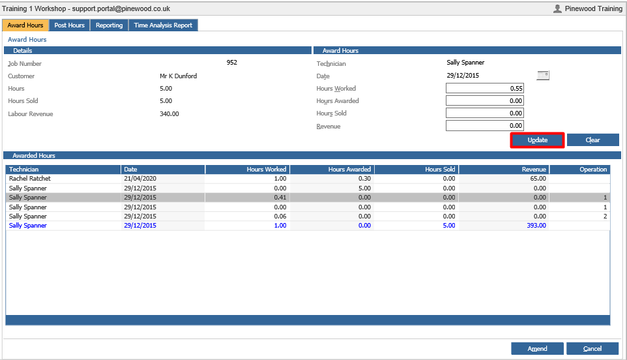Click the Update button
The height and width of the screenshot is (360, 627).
coord(537,140)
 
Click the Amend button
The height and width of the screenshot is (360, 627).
coord(537,348)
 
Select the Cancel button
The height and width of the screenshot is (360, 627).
coord(592,348)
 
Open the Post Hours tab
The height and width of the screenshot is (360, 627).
coord(69,25)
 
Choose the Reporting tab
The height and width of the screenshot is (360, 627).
coord(109,25)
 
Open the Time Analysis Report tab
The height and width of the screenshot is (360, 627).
coord(163,25)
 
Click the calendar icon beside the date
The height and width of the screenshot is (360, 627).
coord(543,75)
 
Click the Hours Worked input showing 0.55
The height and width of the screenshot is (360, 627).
coord(485,89)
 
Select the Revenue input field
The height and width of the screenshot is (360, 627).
coord(485,126)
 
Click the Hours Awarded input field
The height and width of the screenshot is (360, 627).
coord(485,101)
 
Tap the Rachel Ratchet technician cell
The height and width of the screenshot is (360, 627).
coord(30,179)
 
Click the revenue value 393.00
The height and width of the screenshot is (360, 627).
coord(536,226)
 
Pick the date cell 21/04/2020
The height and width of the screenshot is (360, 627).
coord(140,179)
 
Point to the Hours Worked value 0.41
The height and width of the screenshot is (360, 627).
coord(280,197)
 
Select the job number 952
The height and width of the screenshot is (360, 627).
coord(232,63)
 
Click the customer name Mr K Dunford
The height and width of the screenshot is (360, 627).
coord(179,76)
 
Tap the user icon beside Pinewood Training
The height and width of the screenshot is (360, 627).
coord(557,8)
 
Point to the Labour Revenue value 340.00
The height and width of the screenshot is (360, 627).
coord(169,114)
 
